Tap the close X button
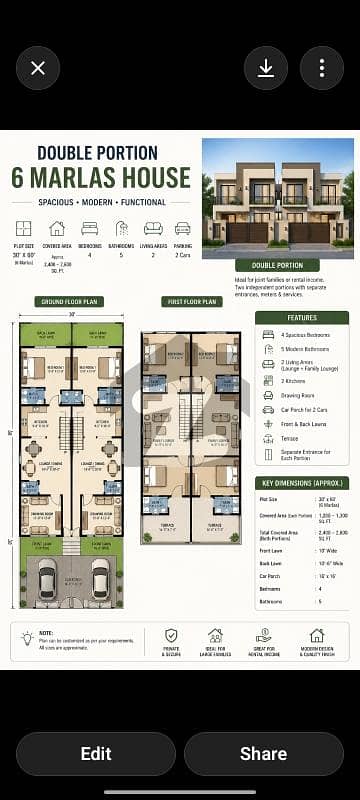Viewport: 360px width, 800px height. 38,68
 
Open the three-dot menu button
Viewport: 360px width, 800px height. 322,68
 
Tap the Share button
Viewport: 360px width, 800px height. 264,753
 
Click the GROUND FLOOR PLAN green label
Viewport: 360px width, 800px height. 70,301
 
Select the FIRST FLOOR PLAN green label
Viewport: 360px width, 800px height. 190,301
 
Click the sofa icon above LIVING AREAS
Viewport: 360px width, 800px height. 153,228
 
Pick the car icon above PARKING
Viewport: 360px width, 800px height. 182,228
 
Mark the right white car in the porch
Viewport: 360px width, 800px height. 98,580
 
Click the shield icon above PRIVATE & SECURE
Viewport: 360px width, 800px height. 171,635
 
